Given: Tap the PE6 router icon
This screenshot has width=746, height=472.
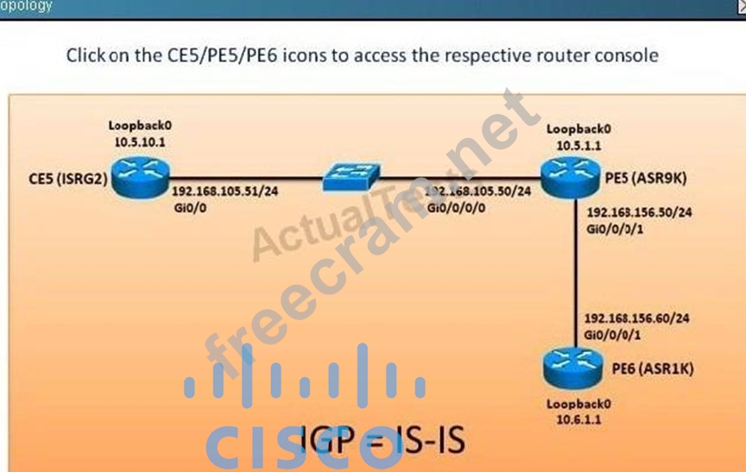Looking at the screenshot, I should click(x=572, y=370).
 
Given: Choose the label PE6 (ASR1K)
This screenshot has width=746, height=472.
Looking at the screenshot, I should click(x=652, y=368).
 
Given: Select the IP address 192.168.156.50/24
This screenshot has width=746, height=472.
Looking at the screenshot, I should click(x=638, y=211).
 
